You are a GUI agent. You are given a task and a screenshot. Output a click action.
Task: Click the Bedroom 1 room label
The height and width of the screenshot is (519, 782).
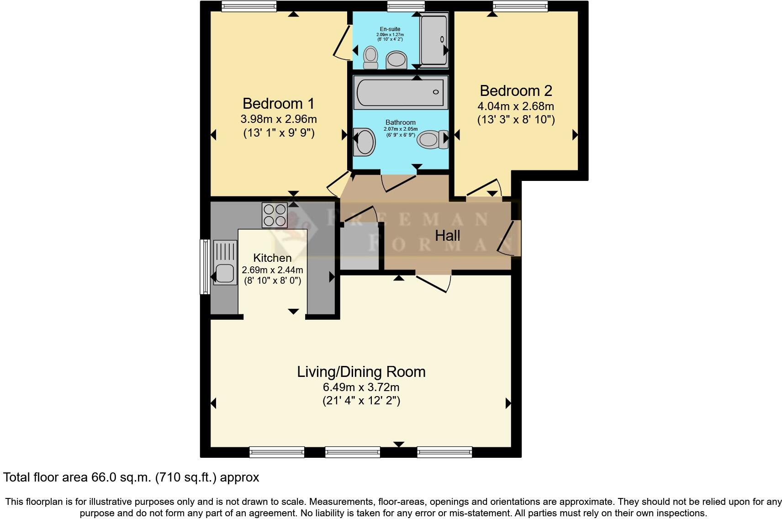pos(278,103)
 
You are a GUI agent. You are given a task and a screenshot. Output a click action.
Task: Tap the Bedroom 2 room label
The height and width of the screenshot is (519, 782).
pos(516,90)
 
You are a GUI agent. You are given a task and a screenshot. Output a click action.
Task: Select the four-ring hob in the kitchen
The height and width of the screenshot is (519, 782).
pos(275,215)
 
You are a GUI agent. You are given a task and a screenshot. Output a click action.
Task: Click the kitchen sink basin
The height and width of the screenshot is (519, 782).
pos(226,274)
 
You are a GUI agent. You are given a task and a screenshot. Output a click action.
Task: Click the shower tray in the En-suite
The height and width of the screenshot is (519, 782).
pos(433,40)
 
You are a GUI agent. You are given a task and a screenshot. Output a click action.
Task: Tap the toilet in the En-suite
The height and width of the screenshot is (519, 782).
pos(370,58)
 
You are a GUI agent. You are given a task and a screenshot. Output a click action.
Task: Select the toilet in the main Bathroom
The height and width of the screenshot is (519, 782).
pos(432,139)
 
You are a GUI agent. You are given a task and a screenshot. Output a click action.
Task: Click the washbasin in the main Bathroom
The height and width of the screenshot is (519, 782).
pos(365,141)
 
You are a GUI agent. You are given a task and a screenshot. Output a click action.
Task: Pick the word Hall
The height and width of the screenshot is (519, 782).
pos(447,236)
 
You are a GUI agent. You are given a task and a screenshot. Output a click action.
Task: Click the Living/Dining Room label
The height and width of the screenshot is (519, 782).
pos(361,371)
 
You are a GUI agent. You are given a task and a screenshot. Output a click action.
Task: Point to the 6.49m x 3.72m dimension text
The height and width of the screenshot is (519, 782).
pos(361,387)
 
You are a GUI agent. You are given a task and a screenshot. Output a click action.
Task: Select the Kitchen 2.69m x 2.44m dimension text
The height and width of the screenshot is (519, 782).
pos(272,270)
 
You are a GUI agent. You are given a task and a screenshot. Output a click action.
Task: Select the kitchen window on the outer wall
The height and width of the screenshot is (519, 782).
pos(206,267)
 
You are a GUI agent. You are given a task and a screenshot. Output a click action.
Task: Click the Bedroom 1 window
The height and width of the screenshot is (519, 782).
pos(249,6)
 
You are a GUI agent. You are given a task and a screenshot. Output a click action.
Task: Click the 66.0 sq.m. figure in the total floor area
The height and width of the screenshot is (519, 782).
pos(119,477)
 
